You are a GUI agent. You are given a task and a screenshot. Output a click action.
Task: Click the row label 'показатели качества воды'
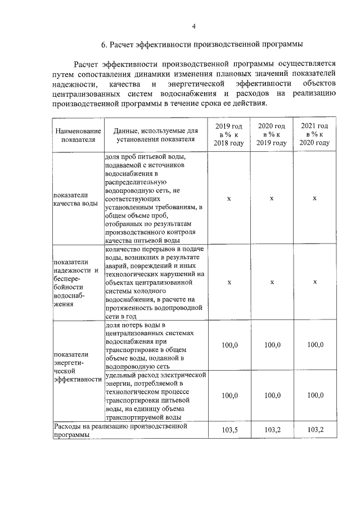pos(75,199)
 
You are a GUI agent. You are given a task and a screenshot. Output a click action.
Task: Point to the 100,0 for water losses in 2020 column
pos(272,344)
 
